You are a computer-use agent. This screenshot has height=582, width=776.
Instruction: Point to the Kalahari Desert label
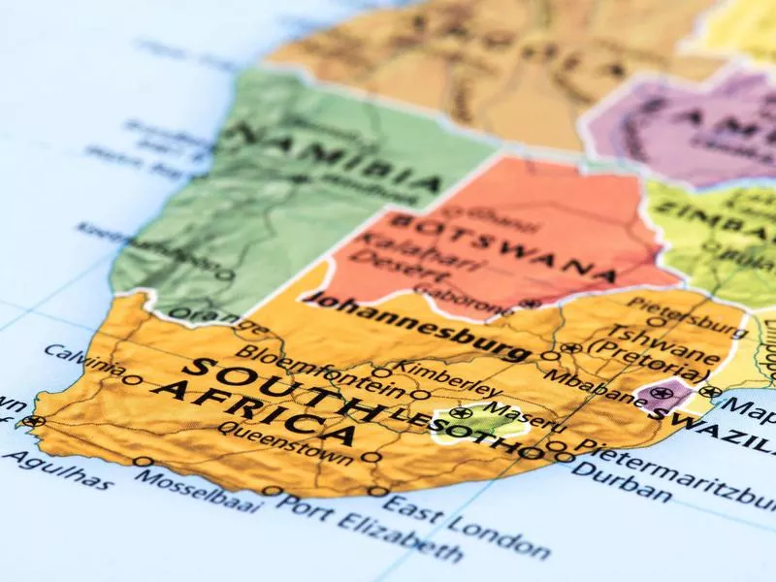(398, 249)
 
